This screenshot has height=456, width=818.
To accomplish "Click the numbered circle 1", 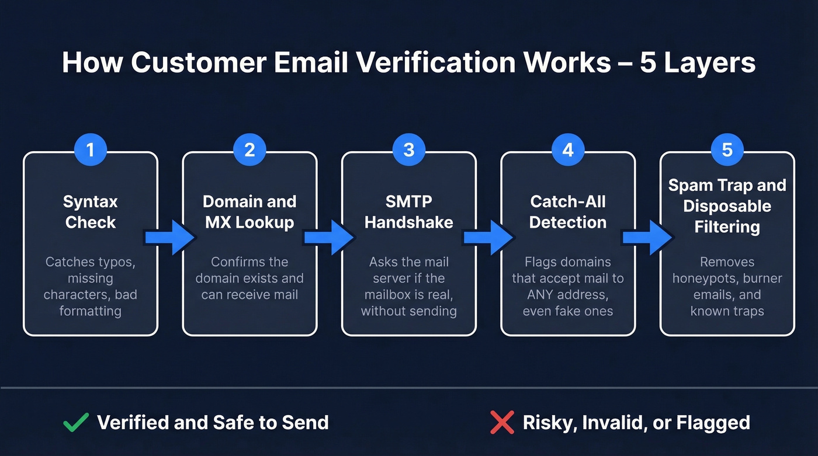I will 90,149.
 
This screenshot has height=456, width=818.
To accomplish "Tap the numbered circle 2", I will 249,149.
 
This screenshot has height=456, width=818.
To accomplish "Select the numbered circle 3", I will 408,149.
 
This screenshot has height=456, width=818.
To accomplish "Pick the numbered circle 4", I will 568,149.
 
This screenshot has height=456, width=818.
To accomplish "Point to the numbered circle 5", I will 727,149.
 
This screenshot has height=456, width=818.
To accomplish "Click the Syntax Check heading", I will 91,212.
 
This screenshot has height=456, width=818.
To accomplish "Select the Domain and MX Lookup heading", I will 249,212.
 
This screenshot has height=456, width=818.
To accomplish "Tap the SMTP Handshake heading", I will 408,212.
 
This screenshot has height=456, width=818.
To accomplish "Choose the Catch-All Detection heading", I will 568,212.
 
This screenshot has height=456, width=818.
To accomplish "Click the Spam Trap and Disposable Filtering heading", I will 727,206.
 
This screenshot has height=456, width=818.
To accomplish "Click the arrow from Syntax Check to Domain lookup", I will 170,236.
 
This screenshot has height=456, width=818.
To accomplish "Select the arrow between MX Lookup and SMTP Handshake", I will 329,236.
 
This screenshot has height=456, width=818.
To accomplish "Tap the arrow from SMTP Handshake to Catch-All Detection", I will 488,236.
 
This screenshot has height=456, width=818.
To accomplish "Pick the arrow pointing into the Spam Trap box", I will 647,236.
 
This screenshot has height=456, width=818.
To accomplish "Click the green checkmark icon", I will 76,422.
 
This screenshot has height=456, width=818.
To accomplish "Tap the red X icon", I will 502,422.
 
